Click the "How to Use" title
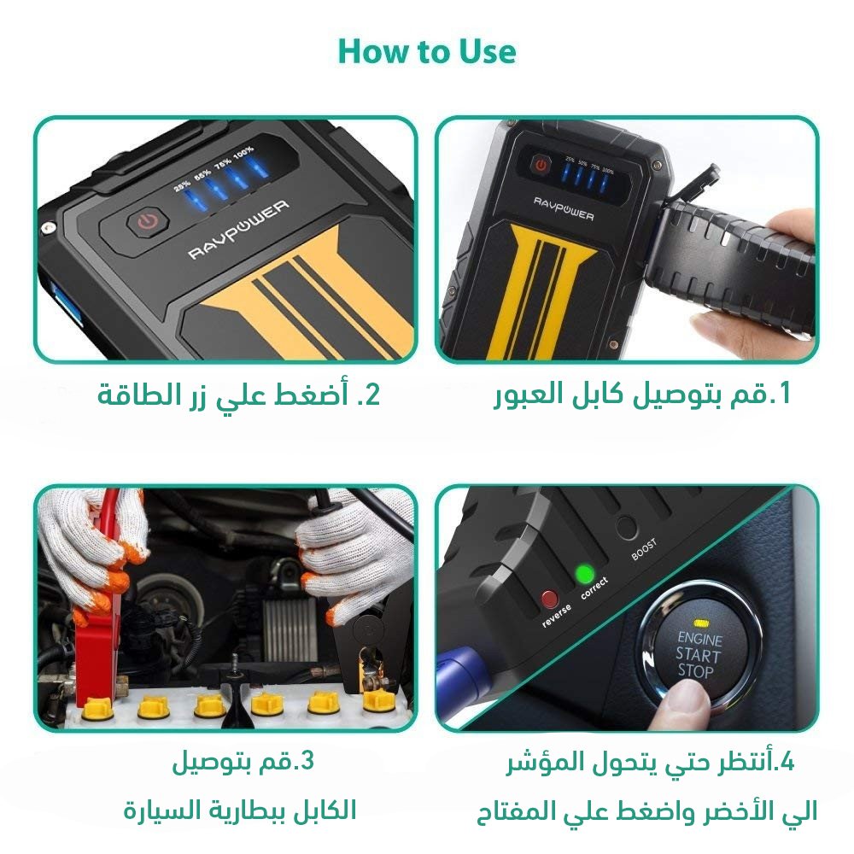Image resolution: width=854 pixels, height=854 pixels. [x=427, y=51]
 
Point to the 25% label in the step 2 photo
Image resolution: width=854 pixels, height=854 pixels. [x=182, y=184]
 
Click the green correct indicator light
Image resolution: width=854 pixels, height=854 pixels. [x=584, y=573]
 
